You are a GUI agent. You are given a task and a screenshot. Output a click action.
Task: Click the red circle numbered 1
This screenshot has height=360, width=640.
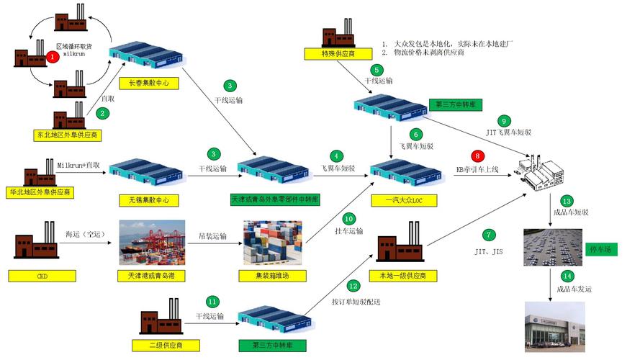52,56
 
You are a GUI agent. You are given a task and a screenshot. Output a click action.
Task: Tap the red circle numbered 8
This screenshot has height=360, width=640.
476,156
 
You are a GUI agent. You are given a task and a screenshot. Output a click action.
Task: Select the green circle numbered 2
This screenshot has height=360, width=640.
104,112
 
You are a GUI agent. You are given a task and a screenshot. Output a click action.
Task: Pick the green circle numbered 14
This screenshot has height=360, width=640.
568,276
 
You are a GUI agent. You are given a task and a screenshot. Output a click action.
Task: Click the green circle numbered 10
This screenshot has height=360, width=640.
349,218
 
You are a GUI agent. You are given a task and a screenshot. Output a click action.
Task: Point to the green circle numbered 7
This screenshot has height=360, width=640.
490,235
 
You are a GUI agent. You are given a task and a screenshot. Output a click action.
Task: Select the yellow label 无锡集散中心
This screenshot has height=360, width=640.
145,199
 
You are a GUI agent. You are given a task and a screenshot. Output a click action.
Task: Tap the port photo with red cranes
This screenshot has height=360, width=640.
152,242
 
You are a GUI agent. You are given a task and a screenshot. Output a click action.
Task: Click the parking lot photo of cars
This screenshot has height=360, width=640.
553,247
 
